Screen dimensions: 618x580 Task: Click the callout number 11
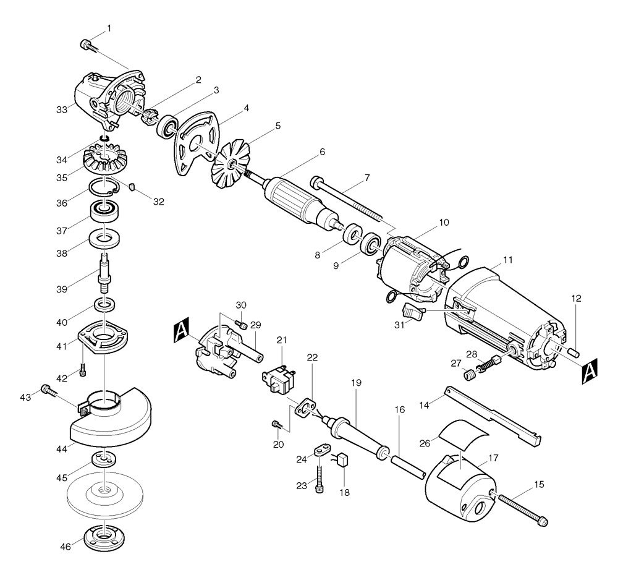pyautogui.click(x=491, y=260)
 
